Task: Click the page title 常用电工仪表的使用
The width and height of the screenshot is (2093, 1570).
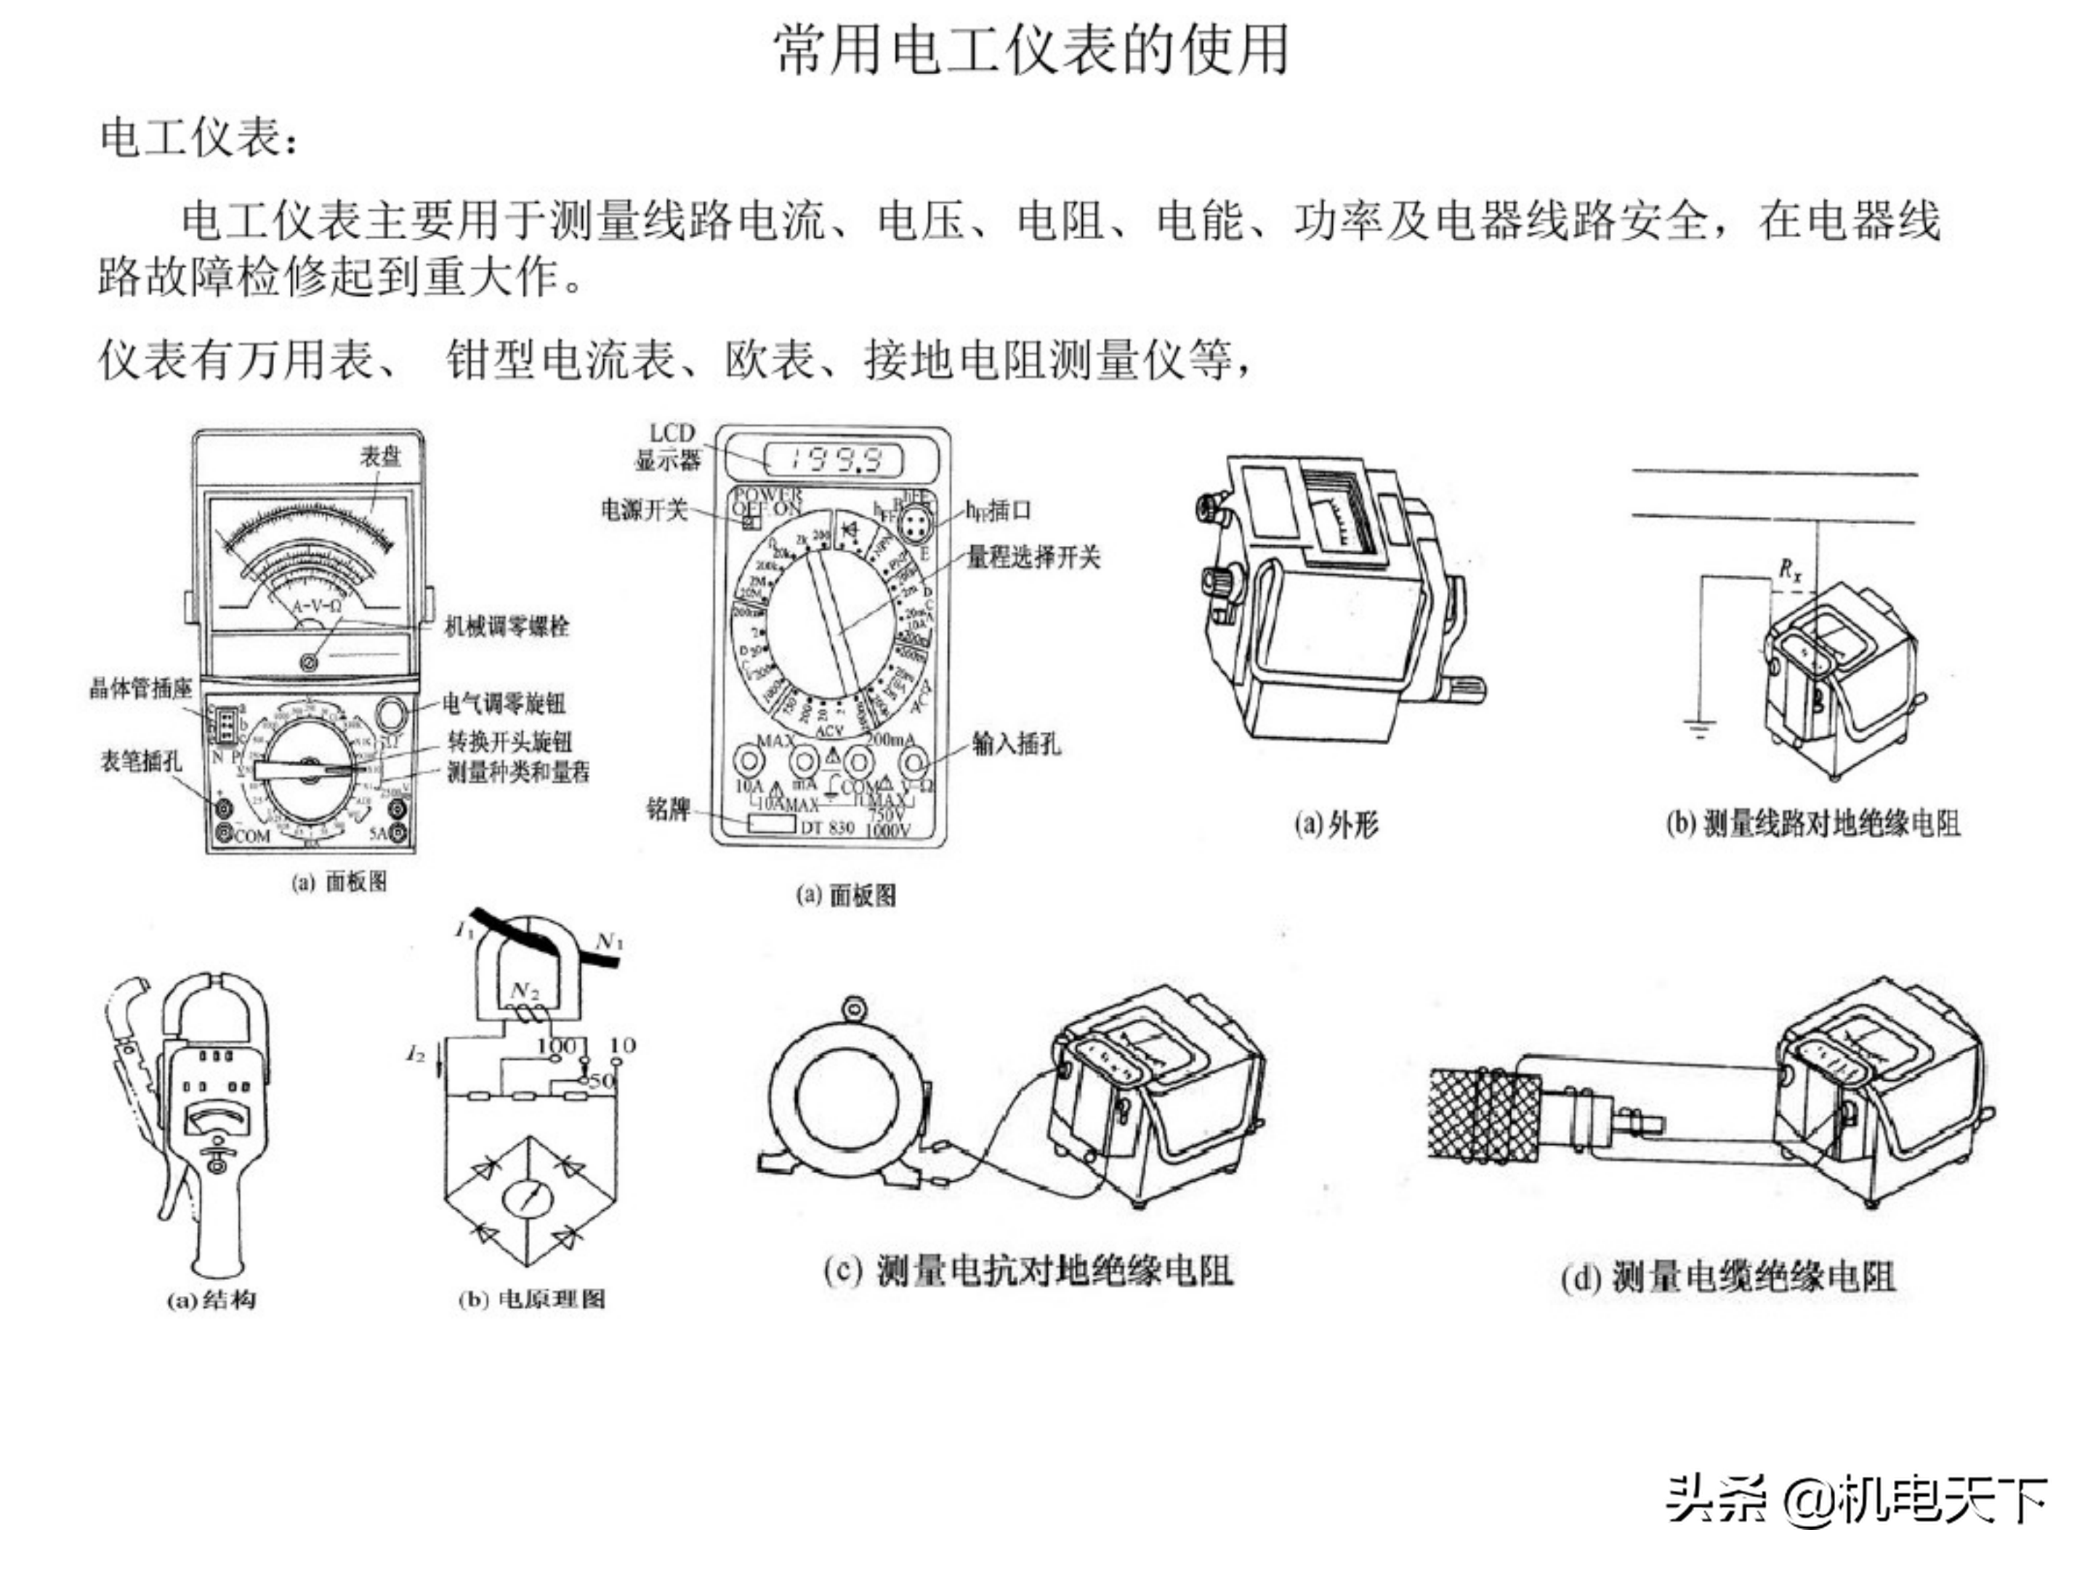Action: coord(1031,49)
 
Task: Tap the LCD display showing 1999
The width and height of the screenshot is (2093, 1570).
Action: coord(834,461)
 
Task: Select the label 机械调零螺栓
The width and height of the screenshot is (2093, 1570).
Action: coord(507,626)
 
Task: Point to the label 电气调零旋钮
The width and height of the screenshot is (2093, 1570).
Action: coord(504,703)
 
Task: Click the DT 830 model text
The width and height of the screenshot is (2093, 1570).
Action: coord(828,827)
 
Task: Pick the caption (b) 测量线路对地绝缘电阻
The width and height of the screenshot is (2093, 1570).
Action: coord(1812,824)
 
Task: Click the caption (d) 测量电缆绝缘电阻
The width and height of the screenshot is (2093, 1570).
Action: coord(1727,1278)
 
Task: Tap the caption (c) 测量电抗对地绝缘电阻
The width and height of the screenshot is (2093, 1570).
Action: coord(1028,1270)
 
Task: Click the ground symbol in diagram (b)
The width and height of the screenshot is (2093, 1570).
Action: coord(1701,729)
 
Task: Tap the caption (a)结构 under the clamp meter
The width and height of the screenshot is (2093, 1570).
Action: coord(211,1300)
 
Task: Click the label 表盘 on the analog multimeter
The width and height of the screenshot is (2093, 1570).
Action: coord(380,456)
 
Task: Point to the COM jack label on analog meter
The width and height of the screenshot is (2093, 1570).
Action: coord(251,836)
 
